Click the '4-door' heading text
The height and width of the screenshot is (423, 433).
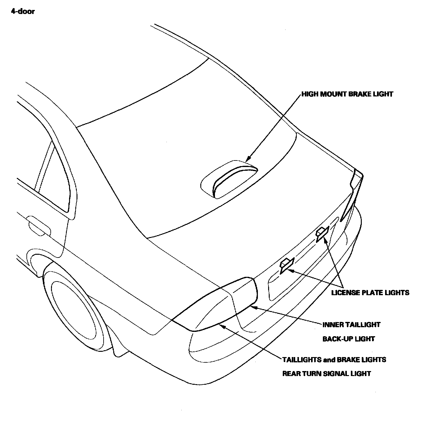tap(23, 12)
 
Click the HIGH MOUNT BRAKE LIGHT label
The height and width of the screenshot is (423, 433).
tap(347, 94)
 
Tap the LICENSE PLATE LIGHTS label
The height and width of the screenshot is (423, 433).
tap(370, 292)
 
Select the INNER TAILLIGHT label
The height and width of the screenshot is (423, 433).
tap(351, 325)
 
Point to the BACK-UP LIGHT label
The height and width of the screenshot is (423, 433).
tap(348, 339)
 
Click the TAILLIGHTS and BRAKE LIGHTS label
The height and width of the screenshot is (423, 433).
tap(334, 360)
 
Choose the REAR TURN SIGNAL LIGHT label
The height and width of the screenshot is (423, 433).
tap(326, 374)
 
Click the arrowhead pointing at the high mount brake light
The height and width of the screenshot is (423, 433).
tap(248, 160)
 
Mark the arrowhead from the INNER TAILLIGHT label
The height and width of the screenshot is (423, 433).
tap(253, 307)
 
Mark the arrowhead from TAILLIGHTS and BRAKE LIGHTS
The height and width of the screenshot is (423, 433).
tap(221, 325)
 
